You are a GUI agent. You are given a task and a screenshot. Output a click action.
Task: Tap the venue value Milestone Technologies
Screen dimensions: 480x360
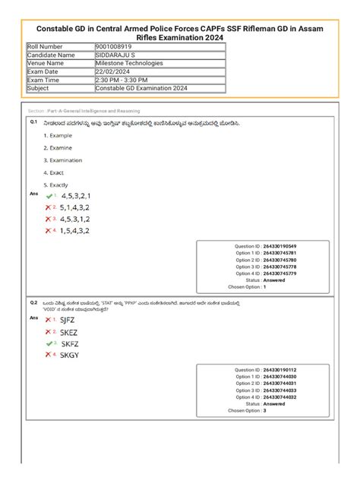tap(107, 63)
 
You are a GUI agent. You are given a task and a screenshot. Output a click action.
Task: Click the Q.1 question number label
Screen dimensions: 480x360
tap(33, 122)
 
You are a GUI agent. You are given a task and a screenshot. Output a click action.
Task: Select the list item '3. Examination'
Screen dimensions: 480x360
tap(63, 160)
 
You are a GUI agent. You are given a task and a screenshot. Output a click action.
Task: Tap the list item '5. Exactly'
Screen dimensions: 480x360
tap(56, 185)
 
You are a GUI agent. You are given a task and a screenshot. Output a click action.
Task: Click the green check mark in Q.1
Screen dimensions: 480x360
tap(49, 195)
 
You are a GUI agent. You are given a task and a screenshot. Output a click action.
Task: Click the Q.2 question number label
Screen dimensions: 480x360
tap(33, 302)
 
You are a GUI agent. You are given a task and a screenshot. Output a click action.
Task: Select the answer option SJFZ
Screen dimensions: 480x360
tap(69, 320)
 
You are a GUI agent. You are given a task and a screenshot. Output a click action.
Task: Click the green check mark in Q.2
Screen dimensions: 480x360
tap(49, 343)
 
